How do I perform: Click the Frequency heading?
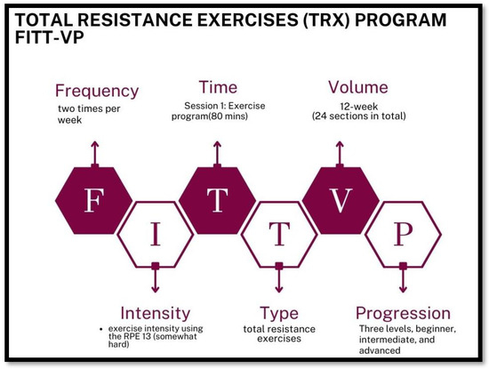point(97,91)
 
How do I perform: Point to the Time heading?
point(218,88)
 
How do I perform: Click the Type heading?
point(278,314)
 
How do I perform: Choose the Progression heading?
point(403,313)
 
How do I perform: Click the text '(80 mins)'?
point(232,116)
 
